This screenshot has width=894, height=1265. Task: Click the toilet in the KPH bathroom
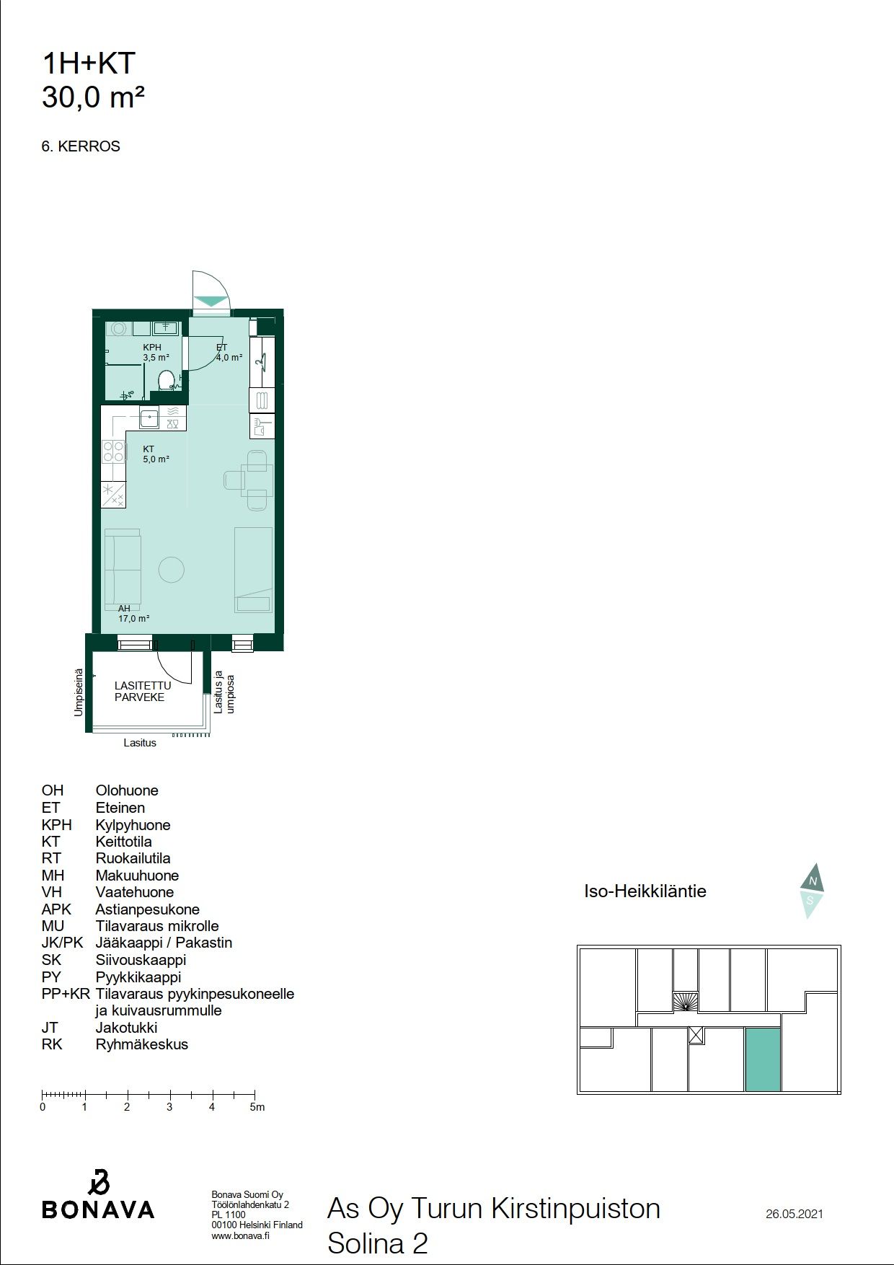(x=167, y=381)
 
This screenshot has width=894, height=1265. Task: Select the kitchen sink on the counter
(x=149, y=418)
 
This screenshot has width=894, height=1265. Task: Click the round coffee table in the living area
(x=172, y=570)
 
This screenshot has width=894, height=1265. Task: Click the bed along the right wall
(x=253, y=570)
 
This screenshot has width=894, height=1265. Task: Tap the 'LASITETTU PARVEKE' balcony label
(x=143, y=691)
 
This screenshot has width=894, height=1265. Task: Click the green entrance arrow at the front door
(x=211, y=301)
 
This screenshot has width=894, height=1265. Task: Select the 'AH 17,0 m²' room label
(x=134, y=614)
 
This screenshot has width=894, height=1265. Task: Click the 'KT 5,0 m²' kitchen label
(x=156, y=454)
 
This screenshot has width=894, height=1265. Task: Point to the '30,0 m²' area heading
(x=94, y=97)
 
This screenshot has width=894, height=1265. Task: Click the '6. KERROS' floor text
(x=81, y=146)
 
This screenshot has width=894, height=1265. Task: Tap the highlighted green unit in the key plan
(x=763, y=1059)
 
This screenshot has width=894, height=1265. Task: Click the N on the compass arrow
(x=813, y=881)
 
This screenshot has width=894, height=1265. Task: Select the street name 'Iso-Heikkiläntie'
(x=645, y=891)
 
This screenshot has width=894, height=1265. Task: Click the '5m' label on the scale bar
(x=257, y=1107)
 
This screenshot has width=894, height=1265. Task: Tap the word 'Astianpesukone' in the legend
(x=147, y=909)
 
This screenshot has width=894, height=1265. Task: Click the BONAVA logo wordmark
(x=98, y=1209)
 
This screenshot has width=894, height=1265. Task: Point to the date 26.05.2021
(x=795, y=1214)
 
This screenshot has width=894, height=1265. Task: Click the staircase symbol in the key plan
(x=686, y=1002)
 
